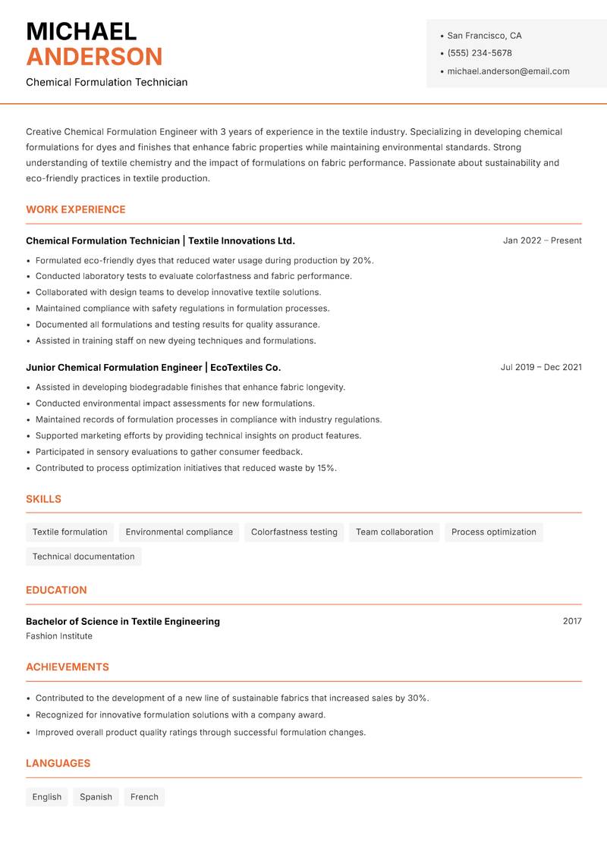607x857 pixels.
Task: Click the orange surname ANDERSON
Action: click(x=94, y=57)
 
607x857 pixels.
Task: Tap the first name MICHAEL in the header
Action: click(x=81, y=31)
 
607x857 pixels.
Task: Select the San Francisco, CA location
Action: click(x=484, y=36)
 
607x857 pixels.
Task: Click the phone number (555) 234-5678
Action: click(x=480, y=53)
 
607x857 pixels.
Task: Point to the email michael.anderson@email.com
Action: click(x=508, y=71)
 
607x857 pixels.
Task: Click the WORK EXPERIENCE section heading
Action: click(x=76, y=209)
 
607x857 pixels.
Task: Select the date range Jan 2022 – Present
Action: click(x=542, y=240)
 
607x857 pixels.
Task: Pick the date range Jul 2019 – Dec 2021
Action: click(x=541, y=367)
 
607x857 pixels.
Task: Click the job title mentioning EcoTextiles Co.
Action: click(x=153, y=367)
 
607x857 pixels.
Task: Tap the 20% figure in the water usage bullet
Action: click(x=362, y=260)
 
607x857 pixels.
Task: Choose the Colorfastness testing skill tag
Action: click(x=294, y=532)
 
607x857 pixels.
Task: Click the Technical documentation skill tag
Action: click(x=83, y=556)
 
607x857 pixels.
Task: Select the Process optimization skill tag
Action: click(x=493, y=532)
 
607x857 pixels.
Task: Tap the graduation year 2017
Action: click(x=572, y=621)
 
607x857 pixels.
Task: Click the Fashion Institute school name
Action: click(x=59, y=636)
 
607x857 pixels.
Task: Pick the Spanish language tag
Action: click(x=96, y=796)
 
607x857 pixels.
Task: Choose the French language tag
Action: click(x=144, y=796)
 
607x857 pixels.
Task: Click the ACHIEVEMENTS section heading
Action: click(x=68, y=667)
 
